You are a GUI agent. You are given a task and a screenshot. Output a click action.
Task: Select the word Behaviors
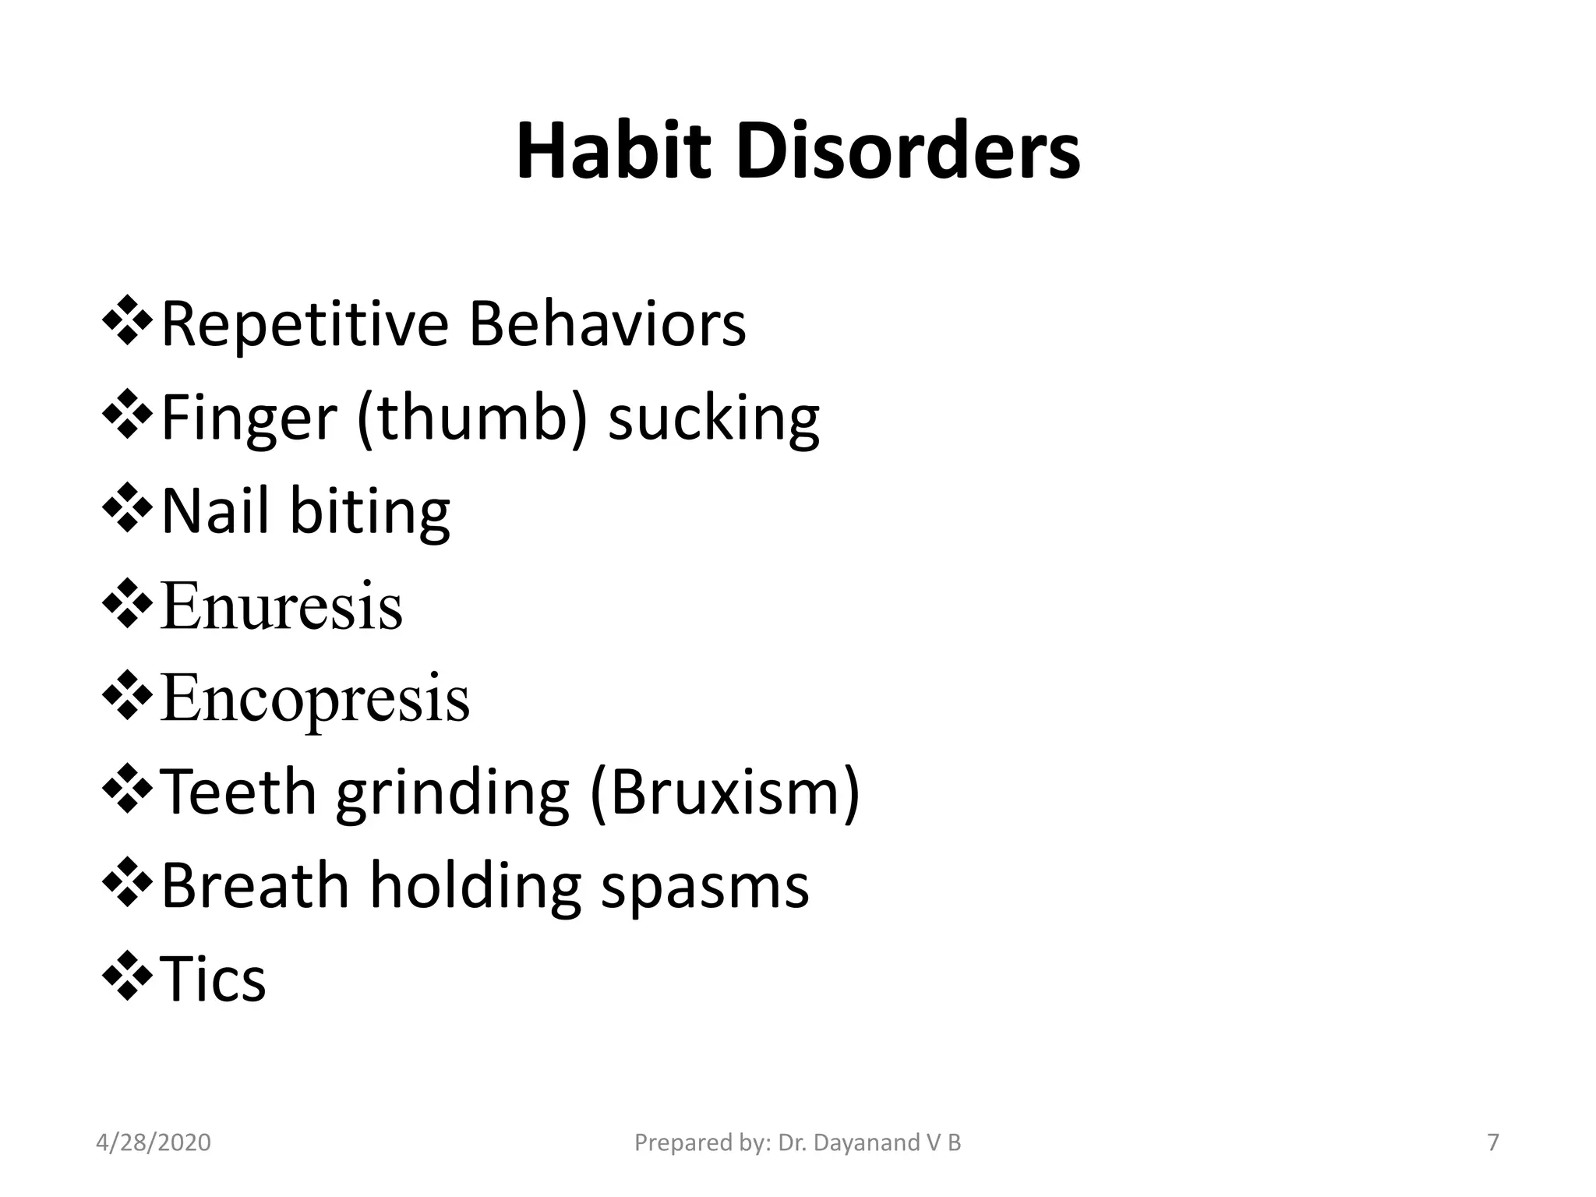[607, 323]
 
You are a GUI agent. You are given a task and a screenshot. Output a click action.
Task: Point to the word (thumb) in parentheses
[472, 418]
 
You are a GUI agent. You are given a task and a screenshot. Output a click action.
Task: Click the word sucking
[713, 421]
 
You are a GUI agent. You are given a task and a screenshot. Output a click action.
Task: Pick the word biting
[370, 513]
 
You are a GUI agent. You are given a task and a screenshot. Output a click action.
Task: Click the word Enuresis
[281, 606]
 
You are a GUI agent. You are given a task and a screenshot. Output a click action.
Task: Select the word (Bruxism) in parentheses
[725, 793]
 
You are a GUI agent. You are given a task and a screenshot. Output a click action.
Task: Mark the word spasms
[704, 889]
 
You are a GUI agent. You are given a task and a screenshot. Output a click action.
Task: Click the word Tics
[213, 980]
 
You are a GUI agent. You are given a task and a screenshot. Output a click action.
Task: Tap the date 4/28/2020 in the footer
[154, 1142]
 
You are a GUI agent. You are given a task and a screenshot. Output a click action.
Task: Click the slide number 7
[1493, 1142]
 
